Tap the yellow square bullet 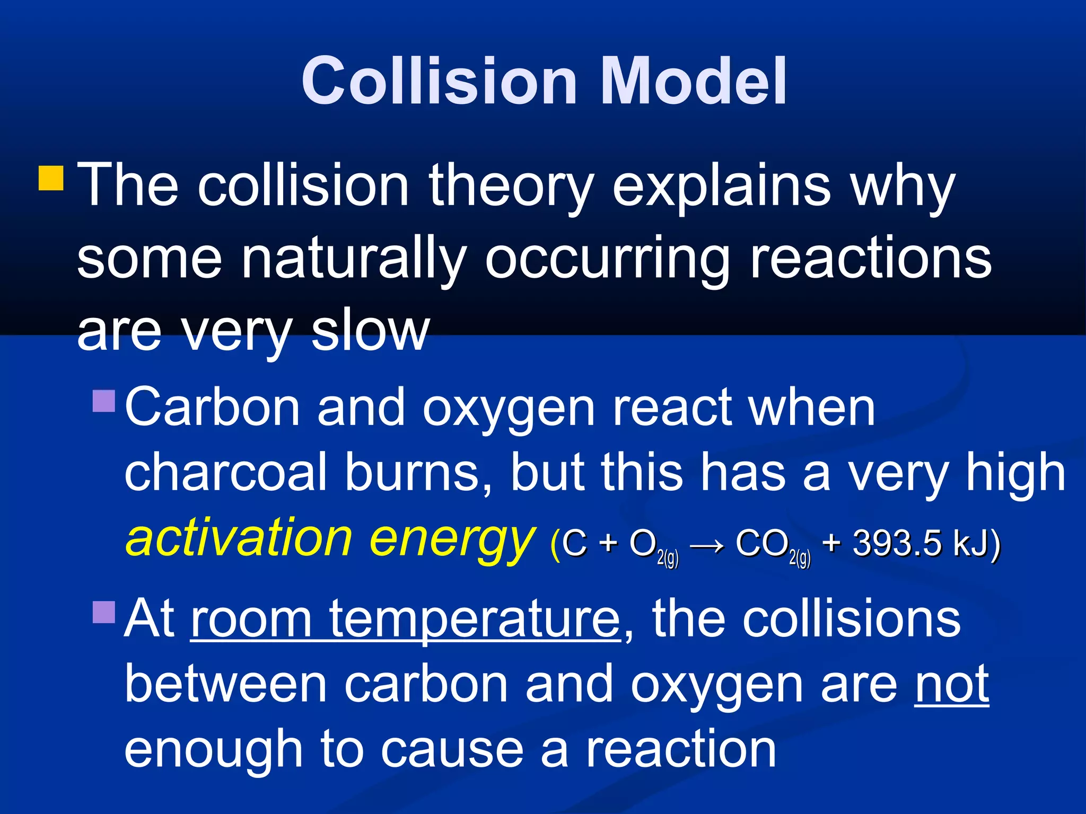[x=51, y=178]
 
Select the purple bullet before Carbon [x=103, y=401]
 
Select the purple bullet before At [x=103, y=612]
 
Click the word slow [x=370, y=331]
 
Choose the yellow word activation [x=239, y=538]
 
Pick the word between [x=225, y=685]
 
